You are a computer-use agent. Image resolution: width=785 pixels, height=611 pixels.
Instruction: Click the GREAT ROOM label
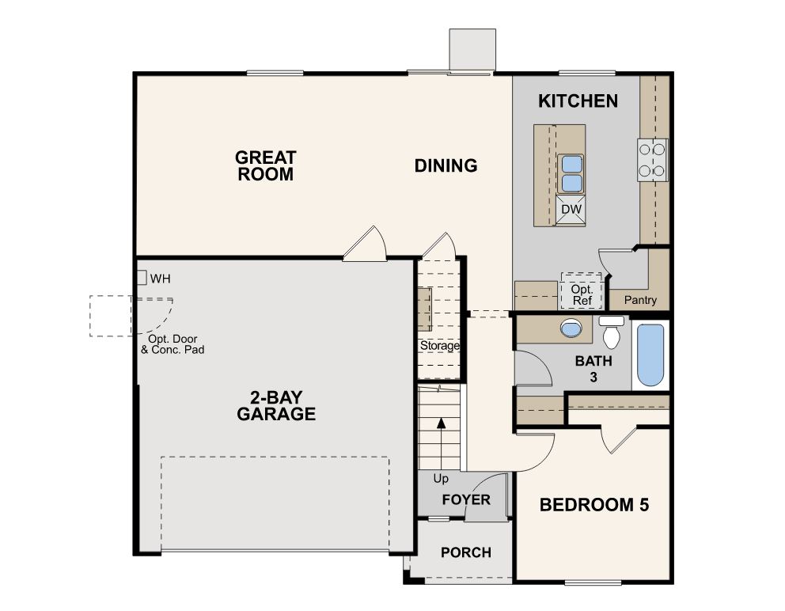pos(264,165)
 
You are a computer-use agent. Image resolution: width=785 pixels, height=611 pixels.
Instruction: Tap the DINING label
pos(446,165)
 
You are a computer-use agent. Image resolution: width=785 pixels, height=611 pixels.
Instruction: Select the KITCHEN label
pos(578,101)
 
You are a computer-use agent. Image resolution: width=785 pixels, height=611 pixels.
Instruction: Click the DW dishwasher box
pos(571,209)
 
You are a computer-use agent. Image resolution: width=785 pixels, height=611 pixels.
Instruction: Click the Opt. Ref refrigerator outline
pos(582,290)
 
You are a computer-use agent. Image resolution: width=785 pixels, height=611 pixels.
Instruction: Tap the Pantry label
pos(640,300)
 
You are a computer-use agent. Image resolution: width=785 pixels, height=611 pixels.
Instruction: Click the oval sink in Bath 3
pos(570,328)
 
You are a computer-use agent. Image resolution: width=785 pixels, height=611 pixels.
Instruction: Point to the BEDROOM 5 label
pos(593,505)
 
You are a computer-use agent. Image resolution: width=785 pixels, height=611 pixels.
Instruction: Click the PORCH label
pos(465,552)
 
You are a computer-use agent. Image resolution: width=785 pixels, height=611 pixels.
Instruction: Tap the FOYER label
pos(466,500)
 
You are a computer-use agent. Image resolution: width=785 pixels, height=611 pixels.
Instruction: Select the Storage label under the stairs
pos(440,346)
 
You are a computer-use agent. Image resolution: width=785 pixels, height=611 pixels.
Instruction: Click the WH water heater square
pos(141,278)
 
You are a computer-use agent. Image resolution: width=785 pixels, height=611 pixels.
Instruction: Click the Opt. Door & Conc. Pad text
pos(173,343)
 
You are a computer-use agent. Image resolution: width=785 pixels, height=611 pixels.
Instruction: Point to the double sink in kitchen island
pos(571,173)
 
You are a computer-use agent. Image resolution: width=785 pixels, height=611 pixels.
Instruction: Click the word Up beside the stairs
pos(441,479)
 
